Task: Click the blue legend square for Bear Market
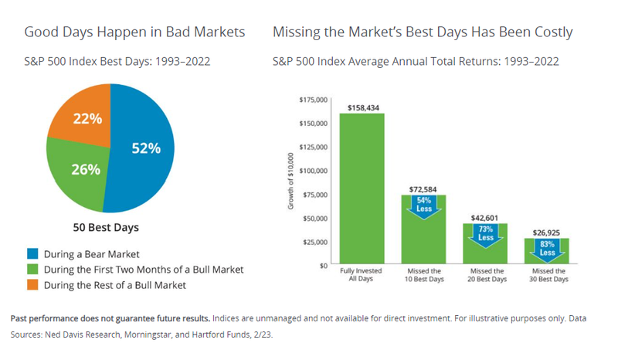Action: click(x=32, y=253)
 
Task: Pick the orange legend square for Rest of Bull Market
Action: click(x=32, y=285)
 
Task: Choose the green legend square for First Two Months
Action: click(x=32, y=270)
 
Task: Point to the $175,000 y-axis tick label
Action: click(x=313, y=100)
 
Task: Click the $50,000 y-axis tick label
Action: click(x=315, y=218)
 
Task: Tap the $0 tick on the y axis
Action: click(x=324, y=265)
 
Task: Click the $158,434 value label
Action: click(x=362, y=107)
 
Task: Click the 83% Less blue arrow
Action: click(x=547, y=248)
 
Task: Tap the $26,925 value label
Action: click(x=547, y=232)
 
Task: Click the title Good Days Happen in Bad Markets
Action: click(x=134, y=32)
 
